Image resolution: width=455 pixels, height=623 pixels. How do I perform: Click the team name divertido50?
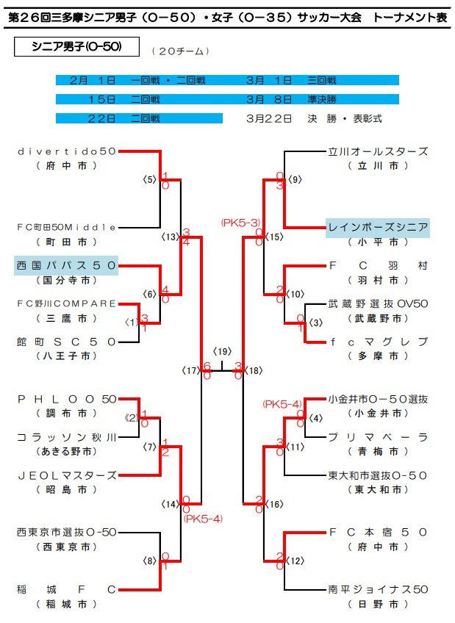click(66, 151)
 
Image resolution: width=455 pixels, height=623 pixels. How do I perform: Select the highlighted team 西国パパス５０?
click(66, 264)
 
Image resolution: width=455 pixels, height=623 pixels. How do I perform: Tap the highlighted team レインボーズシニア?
click(378, 227)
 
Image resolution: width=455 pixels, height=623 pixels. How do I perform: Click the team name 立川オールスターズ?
click(378, 151)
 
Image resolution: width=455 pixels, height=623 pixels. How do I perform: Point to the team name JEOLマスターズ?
click(66, 475)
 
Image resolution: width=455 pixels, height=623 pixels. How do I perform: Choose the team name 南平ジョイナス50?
click(378, 588)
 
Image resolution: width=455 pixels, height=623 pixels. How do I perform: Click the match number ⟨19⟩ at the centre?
click(222, 351)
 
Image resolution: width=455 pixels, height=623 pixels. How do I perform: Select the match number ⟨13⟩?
click(171, 237)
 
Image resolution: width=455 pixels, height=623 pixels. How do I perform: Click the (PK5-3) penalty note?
click(240, 222)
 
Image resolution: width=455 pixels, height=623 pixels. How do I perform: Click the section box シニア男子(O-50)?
click(77, 48)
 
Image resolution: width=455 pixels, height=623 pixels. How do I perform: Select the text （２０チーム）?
click(180, 51)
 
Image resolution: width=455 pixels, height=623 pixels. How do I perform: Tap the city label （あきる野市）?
click(66, 451)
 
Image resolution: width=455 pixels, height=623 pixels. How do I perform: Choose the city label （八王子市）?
click(66, 356)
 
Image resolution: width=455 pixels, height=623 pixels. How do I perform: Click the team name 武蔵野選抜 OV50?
click(378, 303)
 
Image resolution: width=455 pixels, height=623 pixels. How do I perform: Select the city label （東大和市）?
click(378, 489)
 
